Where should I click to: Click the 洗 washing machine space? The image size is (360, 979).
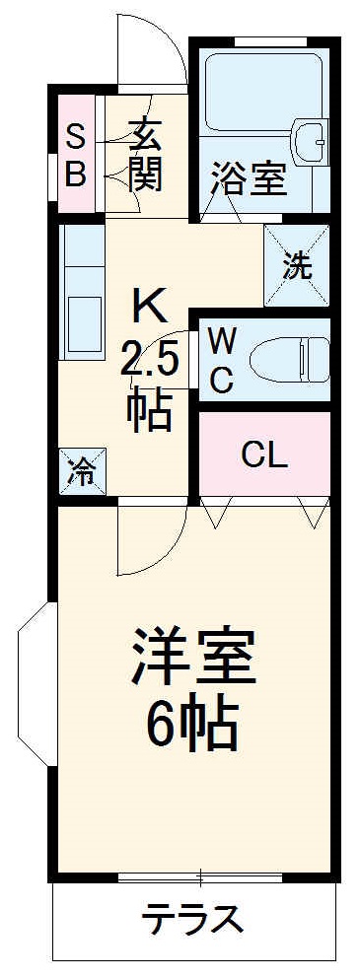[x=296, y=264]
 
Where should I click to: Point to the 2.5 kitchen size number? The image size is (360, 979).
[x=150, y=361]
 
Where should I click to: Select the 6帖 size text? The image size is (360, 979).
[x=193, y=728]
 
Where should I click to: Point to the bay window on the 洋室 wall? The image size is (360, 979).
[x=32, y=686]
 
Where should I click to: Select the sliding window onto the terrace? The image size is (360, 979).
[x=197, y=875]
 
